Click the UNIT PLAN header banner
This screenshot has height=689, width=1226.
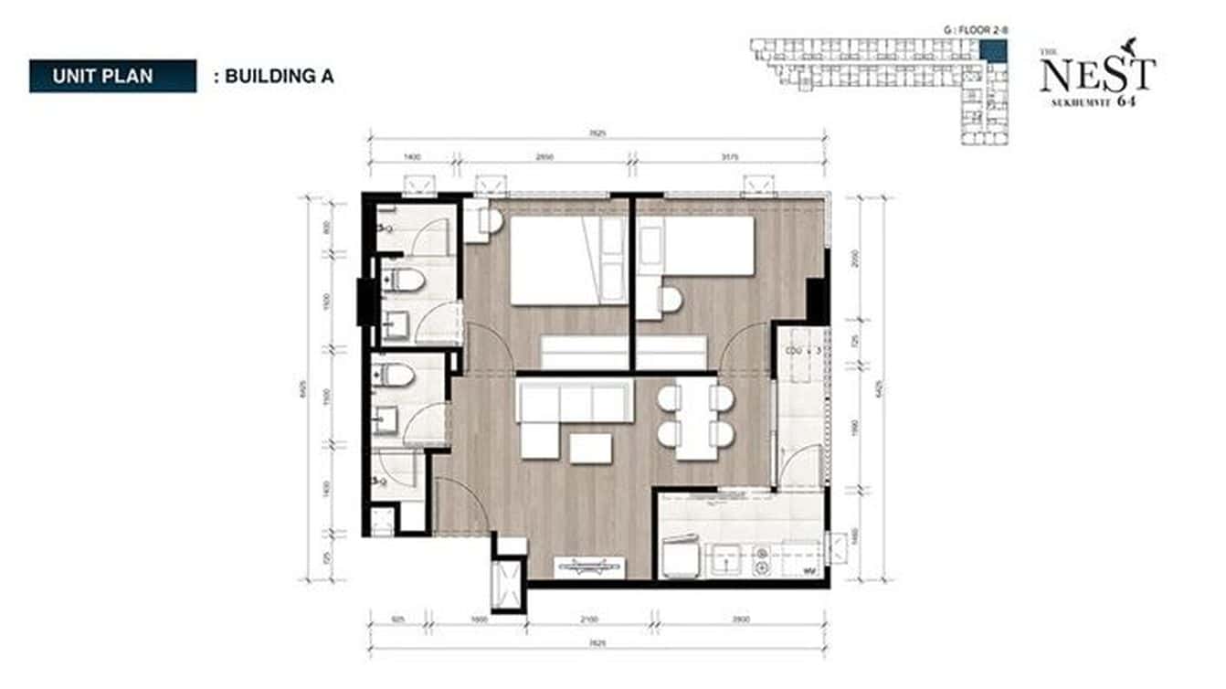pyautogui.click(x=112, y=76)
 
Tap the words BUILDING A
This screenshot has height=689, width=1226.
pyautogui.click(x=279, y=77)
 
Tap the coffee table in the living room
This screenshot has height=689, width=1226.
pyautogui.click(x=591, y=448)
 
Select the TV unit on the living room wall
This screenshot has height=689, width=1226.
pyautogui.click(x=589, y=567)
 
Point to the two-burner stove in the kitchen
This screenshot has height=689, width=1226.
pyautogui.click(x=760, y=559)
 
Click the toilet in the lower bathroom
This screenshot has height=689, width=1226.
pyautogui.click(x=398, y=375)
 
